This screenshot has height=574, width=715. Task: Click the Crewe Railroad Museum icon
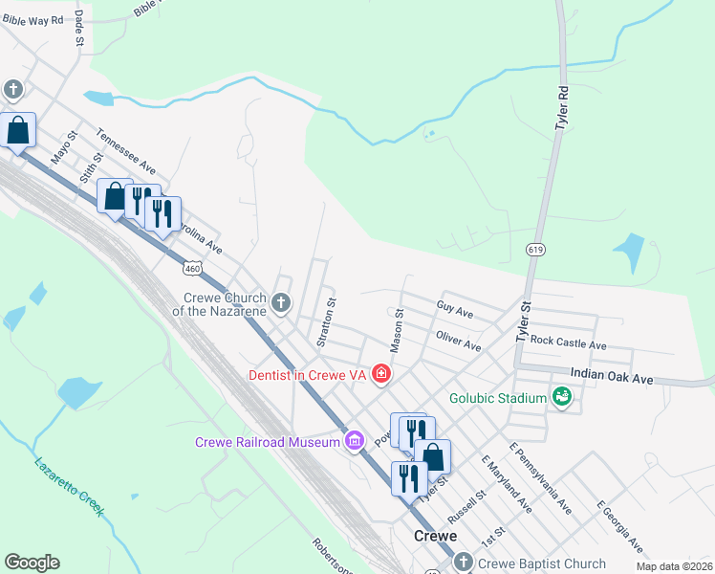point(355,441)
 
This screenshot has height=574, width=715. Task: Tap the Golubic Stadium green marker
point(562,396)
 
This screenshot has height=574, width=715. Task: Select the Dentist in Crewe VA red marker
point(381,373)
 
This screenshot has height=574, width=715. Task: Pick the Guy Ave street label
point(455,312)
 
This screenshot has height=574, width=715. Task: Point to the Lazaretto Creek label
point(68,487)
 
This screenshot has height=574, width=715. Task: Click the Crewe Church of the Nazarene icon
point(280,304)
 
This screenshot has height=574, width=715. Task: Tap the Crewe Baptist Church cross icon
point(464,563)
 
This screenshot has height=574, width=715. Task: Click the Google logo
point(32,563)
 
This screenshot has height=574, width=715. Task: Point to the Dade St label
point(79,29)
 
